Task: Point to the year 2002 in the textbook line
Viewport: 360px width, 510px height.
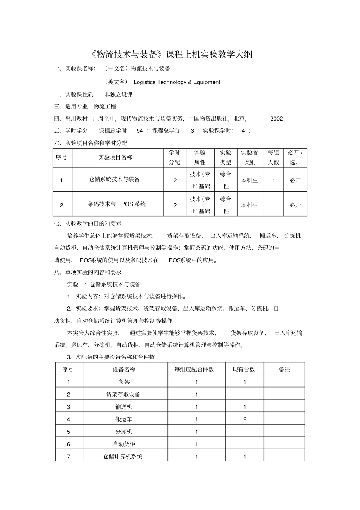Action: tap(277, 119)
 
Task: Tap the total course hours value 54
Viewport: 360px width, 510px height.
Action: tap(140, 131)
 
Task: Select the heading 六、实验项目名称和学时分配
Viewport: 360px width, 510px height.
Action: tap(91, 143)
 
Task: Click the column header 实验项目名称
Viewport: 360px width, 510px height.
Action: tap(115, 157)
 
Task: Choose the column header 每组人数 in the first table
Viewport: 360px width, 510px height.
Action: tap(273, 157)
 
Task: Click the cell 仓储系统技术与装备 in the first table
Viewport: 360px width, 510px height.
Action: tap(114, 179)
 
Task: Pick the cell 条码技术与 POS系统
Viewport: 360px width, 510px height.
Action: tap(117, 204)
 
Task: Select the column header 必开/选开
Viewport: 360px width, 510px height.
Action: tap(295, 157)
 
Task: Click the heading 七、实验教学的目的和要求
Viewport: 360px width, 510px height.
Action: tap(88, 224)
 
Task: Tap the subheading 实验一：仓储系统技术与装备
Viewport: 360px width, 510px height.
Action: tap(104, 284)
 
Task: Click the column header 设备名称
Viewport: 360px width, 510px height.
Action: tap(124, 369)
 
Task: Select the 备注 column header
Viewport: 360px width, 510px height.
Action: tap(284, 369)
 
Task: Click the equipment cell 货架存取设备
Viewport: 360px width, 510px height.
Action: tap(123, 394)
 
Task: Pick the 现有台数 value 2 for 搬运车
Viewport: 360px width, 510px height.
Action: tap(245, 419)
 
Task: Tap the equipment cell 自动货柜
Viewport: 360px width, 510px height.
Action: tap(124, 444)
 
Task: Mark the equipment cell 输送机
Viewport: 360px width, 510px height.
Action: tap(124, 407)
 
